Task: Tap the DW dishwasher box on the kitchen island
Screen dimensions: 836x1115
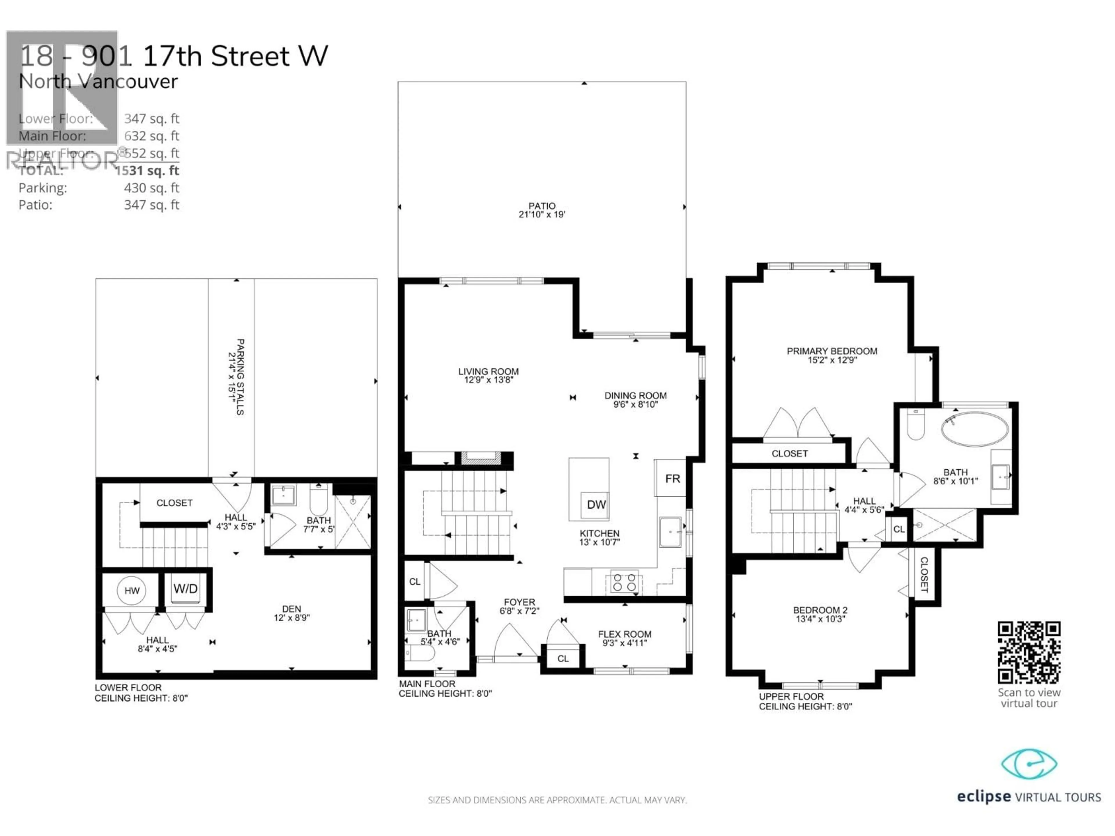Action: point(596,505)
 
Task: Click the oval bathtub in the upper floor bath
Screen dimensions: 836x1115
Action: point(974,429)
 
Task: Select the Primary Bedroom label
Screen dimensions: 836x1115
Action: point(832,351)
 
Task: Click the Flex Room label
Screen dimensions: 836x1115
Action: point(625,635)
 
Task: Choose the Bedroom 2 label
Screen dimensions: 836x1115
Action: point(820,610)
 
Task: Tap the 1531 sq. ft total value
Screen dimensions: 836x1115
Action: point(147,170)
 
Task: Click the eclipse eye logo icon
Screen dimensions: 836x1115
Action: point(1028,764)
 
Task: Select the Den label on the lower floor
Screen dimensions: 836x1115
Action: point(291,609)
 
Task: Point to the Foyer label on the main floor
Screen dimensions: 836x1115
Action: point(519,602)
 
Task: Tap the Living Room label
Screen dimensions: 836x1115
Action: point(488,371)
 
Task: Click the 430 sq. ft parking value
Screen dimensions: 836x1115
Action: point(151,188)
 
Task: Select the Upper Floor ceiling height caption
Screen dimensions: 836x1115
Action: point(805,701)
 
